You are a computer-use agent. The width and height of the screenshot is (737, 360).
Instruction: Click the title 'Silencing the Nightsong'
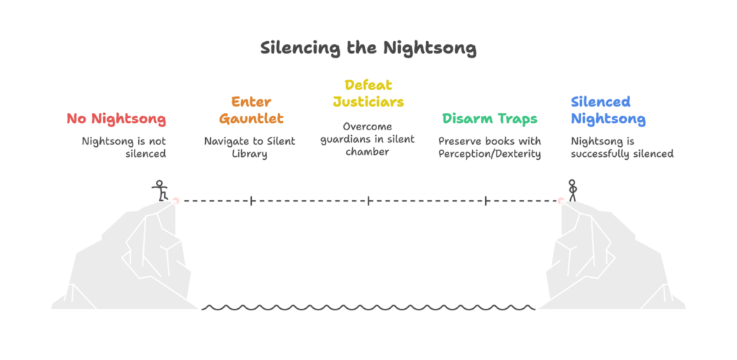(x=368, y=48)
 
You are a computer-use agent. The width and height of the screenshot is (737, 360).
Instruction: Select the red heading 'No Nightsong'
(x=117, y=119)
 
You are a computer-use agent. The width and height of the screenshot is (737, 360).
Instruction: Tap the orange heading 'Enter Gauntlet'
(x=250, y=110)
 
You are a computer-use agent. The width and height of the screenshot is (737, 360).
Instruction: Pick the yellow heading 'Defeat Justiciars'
(x=368, y=94)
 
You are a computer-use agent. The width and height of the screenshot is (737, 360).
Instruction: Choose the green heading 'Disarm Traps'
(x=489, y=119)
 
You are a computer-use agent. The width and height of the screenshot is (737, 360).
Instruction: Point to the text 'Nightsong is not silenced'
(x=124, y=147)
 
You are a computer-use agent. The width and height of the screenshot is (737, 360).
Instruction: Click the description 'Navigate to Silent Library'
(x=250, y=147)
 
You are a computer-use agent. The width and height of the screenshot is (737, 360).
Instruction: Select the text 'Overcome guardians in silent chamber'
(x=368, y=138)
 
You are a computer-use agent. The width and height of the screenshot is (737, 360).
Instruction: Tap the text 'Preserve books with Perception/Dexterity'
(x=489, y=147)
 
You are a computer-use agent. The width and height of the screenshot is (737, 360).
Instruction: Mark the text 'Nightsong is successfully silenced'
(x=622, y=147)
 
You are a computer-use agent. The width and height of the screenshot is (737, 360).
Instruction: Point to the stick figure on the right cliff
(x=573, y=189)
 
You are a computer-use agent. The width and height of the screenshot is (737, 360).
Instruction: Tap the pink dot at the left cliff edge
(x=176, y=200)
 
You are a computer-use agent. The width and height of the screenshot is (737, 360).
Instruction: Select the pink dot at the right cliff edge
(x=560, y=200)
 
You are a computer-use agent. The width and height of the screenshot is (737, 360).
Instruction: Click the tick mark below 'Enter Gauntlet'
(x=250, y=200)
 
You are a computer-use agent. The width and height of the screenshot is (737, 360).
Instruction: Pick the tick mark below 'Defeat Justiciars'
(x=368, y=200)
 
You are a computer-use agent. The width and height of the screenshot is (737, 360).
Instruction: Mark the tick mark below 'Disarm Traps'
(x=487, y=200)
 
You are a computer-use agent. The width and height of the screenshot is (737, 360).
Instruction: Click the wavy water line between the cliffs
(x=368, y=307)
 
